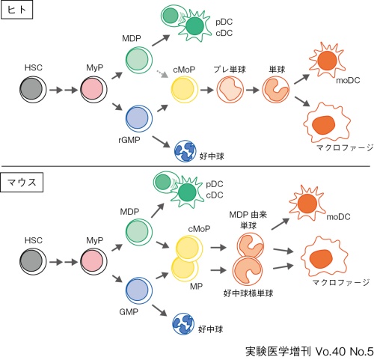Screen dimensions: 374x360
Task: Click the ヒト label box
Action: pyautogui.click(x=16, y=10)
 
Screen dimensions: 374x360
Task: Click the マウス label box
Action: pyautogui.click(x=22, y=182)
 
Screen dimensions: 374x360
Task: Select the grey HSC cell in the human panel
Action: pyautogui.click(x=33, y=89)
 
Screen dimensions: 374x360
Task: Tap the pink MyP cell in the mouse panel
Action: pyautogui.click(x=93, y=262)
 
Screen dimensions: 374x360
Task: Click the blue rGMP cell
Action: pyautogui.click(x=139, y=118)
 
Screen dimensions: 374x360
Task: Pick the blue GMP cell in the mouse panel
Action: pyautogui.click(x=139, y=290)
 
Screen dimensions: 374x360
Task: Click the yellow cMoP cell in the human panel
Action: pyautogui.click(x=184, y=89)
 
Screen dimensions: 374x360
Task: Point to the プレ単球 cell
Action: pyautogui.click(x=230, y=89)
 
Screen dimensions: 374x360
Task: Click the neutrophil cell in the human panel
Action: pyautogui.click(x=185, y=151)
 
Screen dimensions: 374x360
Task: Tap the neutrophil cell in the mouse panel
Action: pyautogui.click(x=183, y=324)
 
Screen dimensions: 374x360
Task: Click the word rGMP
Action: pyautogui.click(x=129, y=140)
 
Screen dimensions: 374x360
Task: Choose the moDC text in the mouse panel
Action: pyautogui.click(x=338, y=216)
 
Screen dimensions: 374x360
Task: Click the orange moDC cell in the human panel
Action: pyautogui.click(x=327, y=61)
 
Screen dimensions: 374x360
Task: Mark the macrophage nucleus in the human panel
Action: pyautogui.click(x=324, y=125)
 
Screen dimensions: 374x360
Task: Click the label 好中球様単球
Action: pyautogui.click(x=248, y=293)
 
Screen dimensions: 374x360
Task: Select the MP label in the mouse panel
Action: pyautogui.click(x=196, y=286)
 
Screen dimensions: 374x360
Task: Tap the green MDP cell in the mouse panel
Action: pyautogui.click(x=139, y=232)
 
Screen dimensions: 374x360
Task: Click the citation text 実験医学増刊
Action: pyautogui.click(x=278, y=351)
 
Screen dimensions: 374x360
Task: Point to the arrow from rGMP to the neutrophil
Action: pyautogui.click(x=161, y=141)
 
